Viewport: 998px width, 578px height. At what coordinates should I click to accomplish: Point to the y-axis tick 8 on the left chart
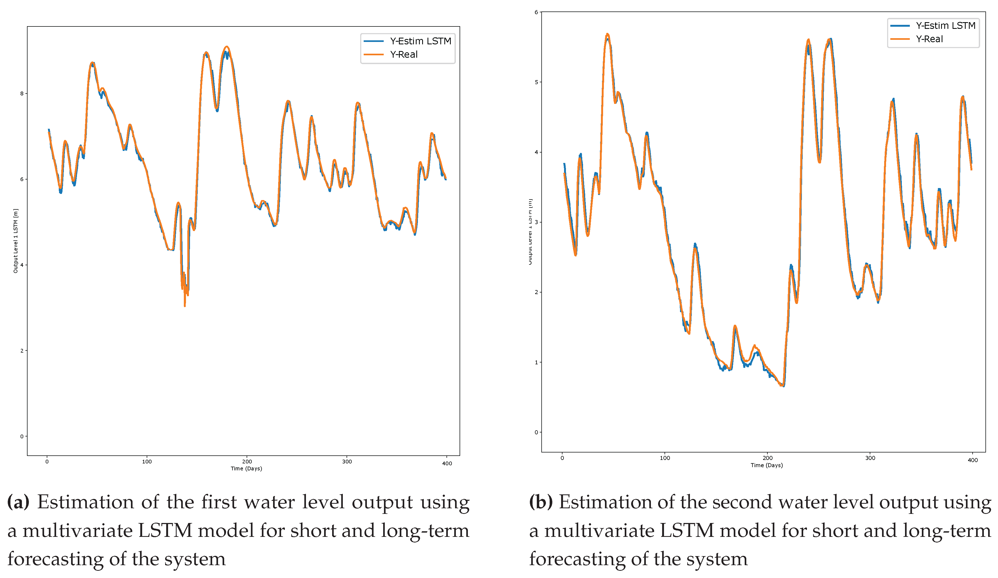pos(22,93)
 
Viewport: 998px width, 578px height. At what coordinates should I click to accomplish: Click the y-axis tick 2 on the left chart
pos(22,351)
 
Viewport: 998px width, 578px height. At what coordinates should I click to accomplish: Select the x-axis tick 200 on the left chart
pos(247,462)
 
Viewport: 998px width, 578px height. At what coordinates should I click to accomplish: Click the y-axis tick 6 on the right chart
pos(536,12)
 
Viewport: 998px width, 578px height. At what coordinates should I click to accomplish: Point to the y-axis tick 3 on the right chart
pos(536,222)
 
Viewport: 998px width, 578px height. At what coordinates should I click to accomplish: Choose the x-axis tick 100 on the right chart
pos(665,458)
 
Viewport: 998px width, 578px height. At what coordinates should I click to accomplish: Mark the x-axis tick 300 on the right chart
pos(870,458)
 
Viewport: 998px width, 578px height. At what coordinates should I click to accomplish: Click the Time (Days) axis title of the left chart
pos(246,469)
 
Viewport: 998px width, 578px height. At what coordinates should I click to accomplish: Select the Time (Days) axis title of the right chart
pos(766,465)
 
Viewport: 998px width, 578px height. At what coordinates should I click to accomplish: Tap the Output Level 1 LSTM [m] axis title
pos(15,241)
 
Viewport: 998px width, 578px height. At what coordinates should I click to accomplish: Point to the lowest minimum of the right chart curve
pos(783,385)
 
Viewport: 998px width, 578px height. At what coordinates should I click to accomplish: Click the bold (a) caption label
pos(18,502)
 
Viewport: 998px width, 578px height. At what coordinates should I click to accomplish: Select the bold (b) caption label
pos(540,502)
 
